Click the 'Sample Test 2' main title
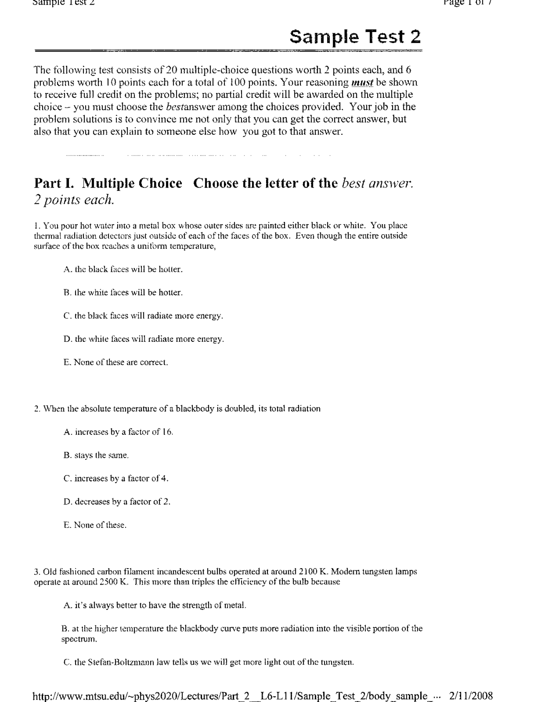[355, 37]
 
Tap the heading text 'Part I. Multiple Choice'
[108, 183]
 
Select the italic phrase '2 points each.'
[73, 200]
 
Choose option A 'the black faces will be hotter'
[123, 269]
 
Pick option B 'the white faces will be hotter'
[123, 293]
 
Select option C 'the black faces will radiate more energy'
[143, 316]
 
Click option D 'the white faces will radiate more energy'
[144, 339]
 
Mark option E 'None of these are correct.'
[116, 362]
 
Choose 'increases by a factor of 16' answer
[118, 432]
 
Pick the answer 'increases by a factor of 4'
[116, 479]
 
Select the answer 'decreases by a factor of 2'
[117, 502]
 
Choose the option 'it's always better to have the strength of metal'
[155, 605]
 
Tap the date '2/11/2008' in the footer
[471, 696]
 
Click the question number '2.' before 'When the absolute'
[37, 409]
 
